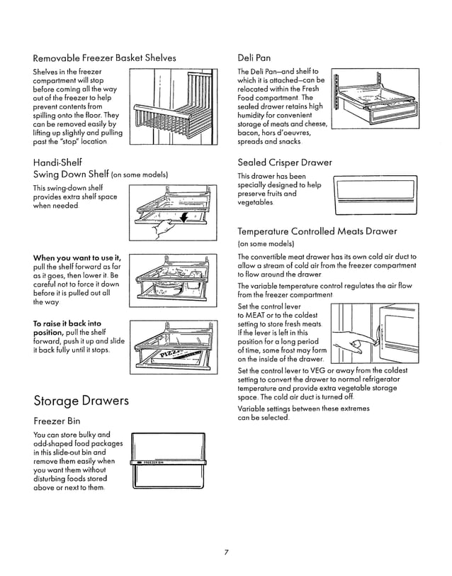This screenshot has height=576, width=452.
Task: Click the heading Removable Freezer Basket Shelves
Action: point(105,57)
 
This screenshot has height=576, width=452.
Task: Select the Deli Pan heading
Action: point(254,57)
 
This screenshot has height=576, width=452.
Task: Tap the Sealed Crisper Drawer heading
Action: point(285,162)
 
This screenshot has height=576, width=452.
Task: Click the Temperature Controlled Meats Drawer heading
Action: point(317,231)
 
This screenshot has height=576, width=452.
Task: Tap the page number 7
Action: point(225,551)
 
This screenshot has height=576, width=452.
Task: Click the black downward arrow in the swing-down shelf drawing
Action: point(183,217)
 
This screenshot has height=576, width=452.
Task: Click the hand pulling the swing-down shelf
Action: point(164,228)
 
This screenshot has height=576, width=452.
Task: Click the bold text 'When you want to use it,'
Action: point(77,257)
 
